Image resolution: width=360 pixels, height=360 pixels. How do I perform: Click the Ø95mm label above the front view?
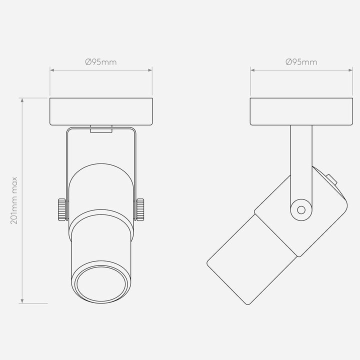pos(101,62)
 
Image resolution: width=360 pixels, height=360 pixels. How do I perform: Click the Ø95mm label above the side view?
pos(301,62)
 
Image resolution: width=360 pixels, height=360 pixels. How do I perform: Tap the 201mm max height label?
pos(14,200)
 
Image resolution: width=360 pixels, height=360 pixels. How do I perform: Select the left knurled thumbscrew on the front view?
pos(62,209)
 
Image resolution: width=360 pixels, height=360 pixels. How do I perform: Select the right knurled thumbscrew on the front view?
pos(140,209)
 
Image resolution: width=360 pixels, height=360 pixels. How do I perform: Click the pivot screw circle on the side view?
pos(301,210)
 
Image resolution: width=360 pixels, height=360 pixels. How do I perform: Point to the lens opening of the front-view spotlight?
pos(101,284)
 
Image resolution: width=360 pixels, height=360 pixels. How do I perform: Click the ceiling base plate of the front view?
pos(101,111)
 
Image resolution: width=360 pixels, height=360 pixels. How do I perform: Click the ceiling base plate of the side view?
pos(301,111)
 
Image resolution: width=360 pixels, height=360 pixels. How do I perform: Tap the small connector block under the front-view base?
pos(101,129)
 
